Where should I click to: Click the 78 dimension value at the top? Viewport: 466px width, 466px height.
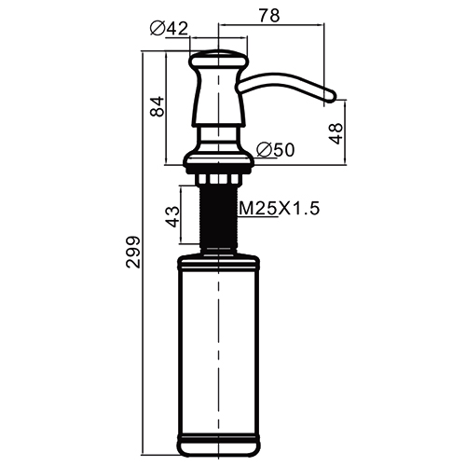coord(269,16)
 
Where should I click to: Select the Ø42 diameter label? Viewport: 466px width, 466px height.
coord(169,29)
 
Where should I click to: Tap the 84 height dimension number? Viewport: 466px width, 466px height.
coord(157,106)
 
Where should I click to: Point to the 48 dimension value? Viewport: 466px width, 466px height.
coord(336,133)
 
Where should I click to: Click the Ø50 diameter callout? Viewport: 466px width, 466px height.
coord(275,150)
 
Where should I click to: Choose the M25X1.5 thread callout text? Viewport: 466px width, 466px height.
coord(279,209)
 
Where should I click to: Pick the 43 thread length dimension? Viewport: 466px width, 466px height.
coord(172,216)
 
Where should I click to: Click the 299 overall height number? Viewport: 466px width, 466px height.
coord(133,252)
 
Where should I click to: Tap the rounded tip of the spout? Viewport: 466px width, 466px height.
coord(331,96)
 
